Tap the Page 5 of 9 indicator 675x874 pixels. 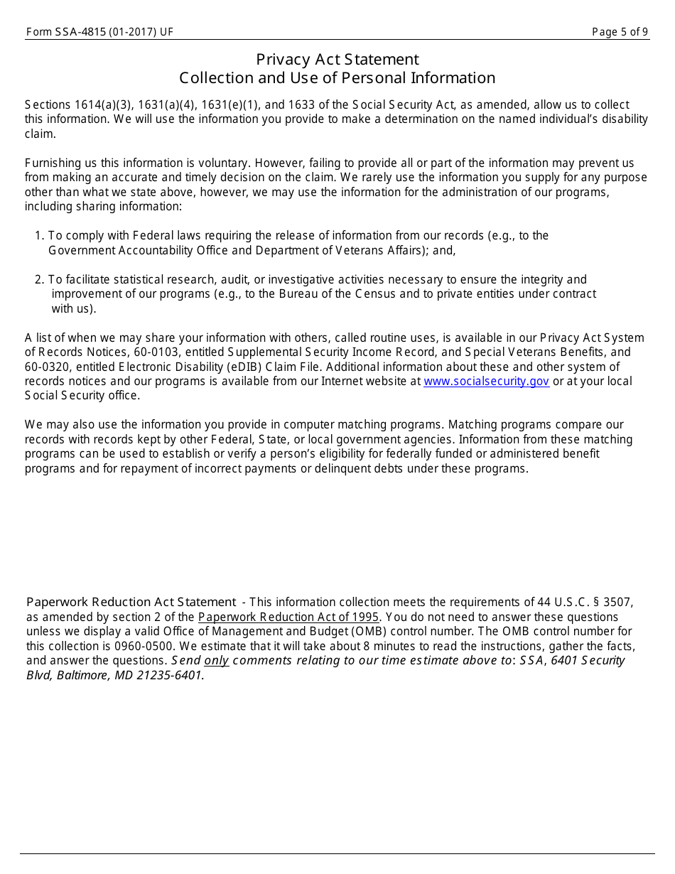pyautogui.click(x=620, y=32)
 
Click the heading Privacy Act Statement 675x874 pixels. pyautogui.click(x=337, y=60)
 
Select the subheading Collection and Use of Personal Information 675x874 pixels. pyautogui.click(x=337, y=78)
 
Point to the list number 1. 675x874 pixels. pyautogui.click(x=39, y=236)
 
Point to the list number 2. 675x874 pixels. pyautogui.click(x=39, y=280)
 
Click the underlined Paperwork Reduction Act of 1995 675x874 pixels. pyautogui.click(x=288, y=617)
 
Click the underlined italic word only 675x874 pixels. pyautogui.click(x=217, y=661)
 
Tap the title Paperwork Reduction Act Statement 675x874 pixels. pyautogui.click(x=131, y=603)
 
